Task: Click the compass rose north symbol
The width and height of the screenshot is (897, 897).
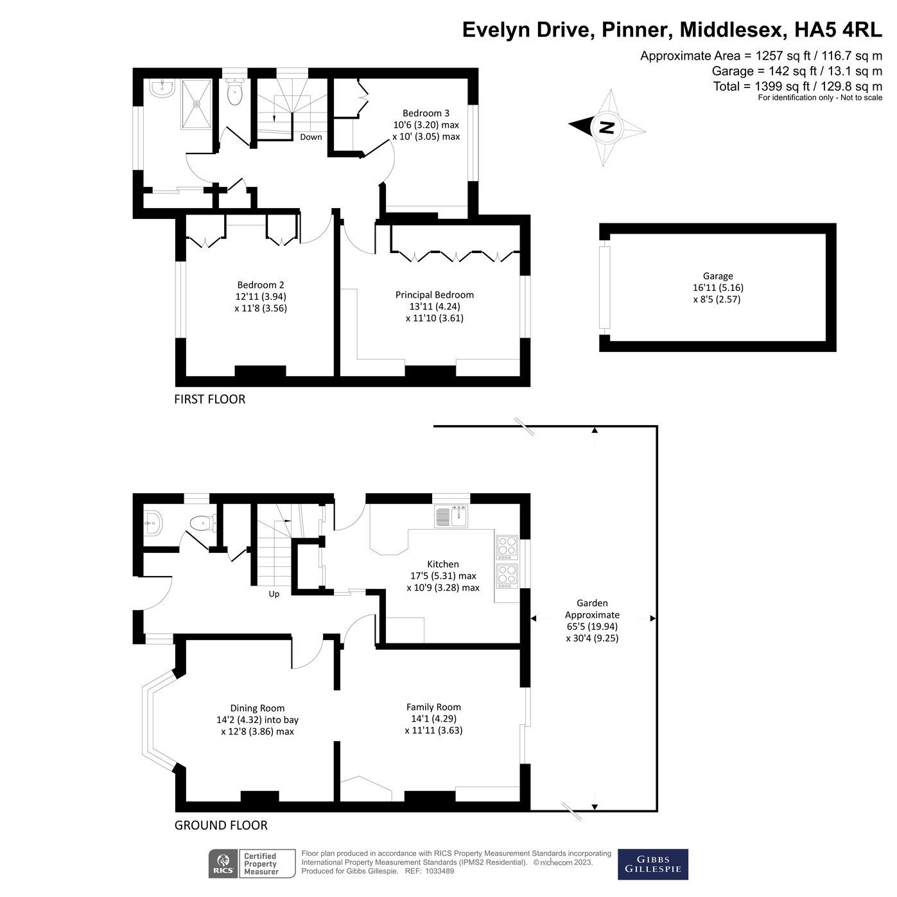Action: [607, 127]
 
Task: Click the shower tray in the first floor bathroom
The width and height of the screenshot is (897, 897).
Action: [198, 103]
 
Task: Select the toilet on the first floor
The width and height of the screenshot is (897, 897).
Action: [235, 94]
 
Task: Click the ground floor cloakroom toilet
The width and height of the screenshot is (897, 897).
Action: [202, 523]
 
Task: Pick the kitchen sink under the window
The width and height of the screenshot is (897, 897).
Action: [452, 516]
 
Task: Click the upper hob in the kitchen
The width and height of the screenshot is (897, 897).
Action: [507, 545]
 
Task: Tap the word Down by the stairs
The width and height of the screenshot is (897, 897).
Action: [311, 137]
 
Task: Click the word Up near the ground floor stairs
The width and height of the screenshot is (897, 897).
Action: [274, 594]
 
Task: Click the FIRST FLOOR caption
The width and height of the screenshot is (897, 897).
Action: [210, 399]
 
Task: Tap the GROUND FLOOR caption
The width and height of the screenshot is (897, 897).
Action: [221, 825]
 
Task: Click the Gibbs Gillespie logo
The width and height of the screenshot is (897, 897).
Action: [652, 864]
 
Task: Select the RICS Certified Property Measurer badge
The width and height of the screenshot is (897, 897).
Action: [252, 864]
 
